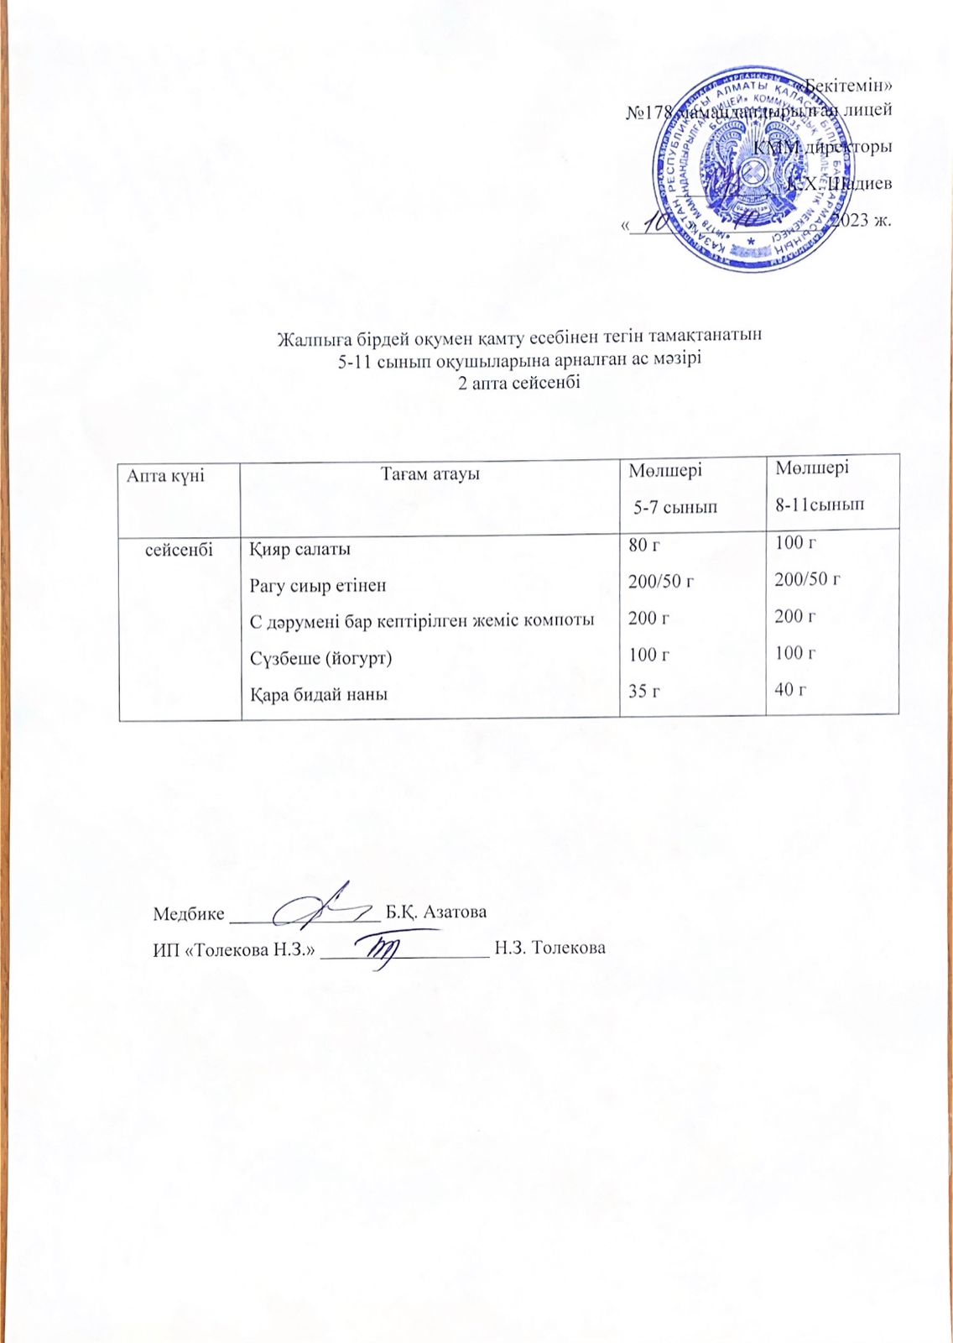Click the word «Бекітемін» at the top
point(848,86)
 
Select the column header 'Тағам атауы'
point(430,474)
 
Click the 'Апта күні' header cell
point(165,475)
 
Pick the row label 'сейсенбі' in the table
point(180,549)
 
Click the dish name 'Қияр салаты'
point(300,550)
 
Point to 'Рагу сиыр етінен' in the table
point(318,585)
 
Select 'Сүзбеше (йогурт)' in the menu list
point(320,657)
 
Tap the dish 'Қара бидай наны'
point(319,694)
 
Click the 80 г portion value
point(644,546)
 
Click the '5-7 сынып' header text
point(674,507)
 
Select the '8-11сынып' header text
point(820,504)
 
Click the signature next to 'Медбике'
point(320,905)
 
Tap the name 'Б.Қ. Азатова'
point(436,912)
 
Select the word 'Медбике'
point(188,913)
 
